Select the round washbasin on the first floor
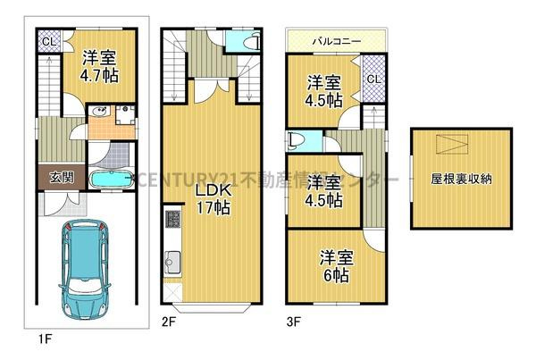101,113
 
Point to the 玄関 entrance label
50,177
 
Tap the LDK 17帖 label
214,197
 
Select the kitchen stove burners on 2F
169,222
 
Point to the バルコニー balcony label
335,40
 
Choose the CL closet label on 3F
373,80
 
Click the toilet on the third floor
297,140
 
